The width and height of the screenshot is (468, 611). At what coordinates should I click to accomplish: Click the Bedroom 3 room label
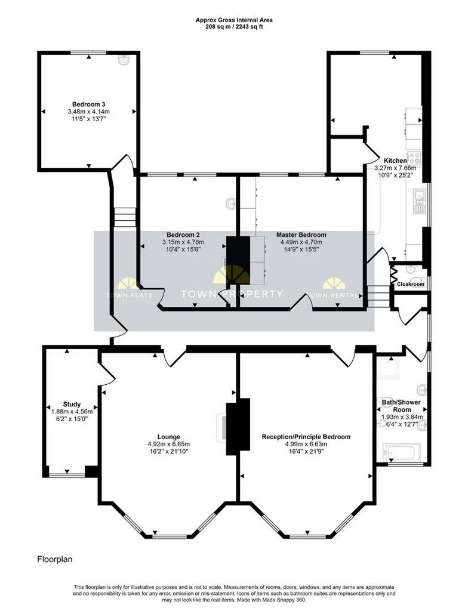[x=88, y=104]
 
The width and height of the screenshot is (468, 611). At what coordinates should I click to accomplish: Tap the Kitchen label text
[x=395, y=161]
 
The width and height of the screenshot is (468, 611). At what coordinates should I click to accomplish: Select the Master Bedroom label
[x=301, y=234]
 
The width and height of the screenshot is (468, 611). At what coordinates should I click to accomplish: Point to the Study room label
[x=72, y=404]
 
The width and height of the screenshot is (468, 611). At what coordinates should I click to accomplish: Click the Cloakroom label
[x=410, y=284]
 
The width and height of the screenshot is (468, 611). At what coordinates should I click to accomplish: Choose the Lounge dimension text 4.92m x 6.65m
[x=169, y=444]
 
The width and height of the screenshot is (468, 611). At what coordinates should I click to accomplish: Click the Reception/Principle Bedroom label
[x=306, y=437]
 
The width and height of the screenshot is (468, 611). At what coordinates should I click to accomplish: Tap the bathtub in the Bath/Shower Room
[x=402, y=452]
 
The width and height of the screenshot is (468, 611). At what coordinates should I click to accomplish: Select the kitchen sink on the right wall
[x=420, y=202]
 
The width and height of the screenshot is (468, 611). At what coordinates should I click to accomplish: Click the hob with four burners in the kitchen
[x=414, y=158]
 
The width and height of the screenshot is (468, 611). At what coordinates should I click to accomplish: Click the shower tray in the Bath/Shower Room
[x=389, y=367]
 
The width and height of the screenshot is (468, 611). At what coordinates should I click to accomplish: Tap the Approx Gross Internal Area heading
[x=234, y=20]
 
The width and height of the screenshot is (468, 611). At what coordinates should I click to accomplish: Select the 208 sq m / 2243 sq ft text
[x=234, y=27]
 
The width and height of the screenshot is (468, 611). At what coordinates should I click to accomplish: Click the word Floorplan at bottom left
[x=54, y=559]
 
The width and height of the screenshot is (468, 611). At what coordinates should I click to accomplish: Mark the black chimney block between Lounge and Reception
[x=238, y=426]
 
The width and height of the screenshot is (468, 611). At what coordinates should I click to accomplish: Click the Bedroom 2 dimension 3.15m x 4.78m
[x=183, y=242]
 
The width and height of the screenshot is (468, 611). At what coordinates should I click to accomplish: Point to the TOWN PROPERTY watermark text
[x=232, y=294]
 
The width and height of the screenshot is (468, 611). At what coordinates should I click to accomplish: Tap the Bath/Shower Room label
[x=401, y=406]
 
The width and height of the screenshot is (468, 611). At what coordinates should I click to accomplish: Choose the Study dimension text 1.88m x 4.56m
[x=72, y=412]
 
